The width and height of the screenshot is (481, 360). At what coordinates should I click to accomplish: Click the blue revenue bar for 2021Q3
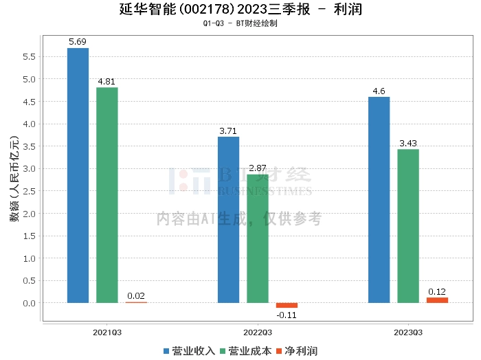[x=78, y=175]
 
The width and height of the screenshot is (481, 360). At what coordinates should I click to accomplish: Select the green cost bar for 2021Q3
[x=107, y=195]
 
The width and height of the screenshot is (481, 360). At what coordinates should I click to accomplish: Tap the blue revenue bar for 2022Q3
[x=228, y=220]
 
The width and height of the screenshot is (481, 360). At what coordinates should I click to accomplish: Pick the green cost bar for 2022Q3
[x=258, y=238]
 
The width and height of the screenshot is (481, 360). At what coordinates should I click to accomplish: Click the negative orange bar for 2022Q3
[x=287, y=305]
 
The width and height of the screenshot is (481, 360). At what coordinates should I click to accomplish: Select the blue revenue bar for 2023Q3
[x=379, y=200]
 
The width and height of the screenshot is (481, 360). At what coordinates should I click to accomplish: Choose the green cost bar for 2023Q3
[x=408, y=226]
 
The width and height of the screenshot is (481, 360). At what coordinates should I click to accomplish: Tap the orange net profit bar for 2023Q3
[x=437, y=300]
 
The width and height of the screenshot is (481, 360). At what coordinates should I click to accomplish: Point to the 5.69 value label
[x=78, y=42]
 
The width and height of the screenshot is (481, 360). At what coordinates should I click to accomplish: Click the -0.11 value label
[x=287, y=315]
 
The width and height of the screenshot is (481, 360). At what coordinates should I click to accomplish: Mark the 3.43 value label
[x=408, y=143]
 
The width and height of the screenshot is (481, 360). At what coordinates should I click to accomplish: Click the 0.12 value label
[x=437, y=291]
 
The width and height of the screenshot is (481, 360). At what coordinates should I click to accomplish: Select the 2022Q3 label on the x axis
[x=258, y=332]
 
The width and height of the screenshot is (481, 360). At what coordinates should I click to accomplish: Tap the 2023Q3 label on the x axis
[x=408, y=332]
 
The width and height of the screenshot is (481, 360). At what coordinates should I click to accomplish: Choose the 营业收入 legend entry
[x=190, y=351]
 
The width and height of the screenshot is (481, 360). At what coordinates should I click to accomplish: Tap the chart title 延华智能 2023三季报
[x=240, y=10]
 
